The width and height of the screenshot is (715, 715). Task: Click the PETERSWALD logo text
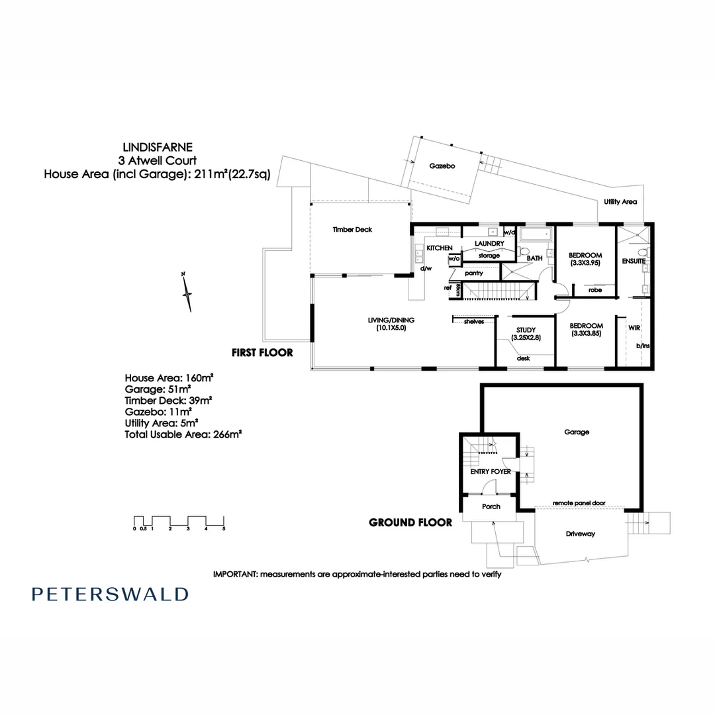click(x=110, y=594)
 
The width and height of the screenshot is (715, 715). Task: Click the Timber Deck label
click(x=352, y=230)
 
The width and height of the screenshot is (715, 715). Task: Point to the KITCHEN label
click(x=440, y=248)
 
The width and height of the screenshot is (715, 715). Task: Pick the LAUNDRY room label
click(x=489, y=244)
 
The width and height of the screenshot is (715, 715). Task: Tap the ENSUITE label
click(x=633, y=262)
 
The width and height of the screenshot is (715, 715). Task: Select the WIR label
click(x=624, y=326)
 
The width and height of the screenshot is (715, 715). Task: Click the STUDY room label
click(x=525, y=330)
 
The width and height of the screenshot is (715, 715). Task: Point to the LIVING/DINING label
click(x=391, y=320)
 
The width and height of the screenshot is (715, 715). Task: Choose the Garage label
click(x=576, y=432)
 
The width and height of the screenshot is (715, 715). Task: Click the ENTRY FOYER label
click(x=490, y=472)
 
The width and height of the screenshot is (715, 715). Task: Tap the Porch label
click(x=491, y=506)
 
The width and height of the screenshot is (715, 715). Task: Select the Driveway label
click(x=581, y=534)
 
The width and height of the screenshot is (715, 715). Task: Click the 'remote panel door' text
click(x=579, y=503)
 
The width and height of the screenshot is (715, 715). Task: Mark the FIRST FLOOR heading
click(x=262, y=353)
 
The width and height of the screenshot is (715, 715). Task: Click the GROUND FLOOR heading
click(x=410, y=522)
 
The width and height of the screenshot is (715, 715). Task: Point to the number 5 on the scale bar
click(x=224, y=529)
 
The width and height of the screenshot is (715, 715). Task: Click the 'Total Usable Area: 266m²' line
click(x=183, y=434)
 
